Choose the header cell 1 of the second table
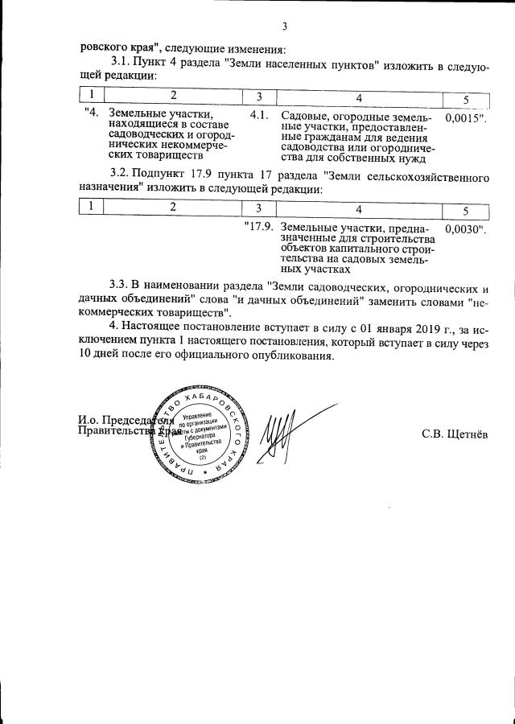(x=93, y=207)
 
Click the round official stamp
(x=202, y=436)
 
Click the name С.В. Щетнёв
(x=455, y=434)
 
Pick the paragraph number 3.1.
(x=120, y=63)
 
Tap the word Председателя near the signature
(x=132, y=419)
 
